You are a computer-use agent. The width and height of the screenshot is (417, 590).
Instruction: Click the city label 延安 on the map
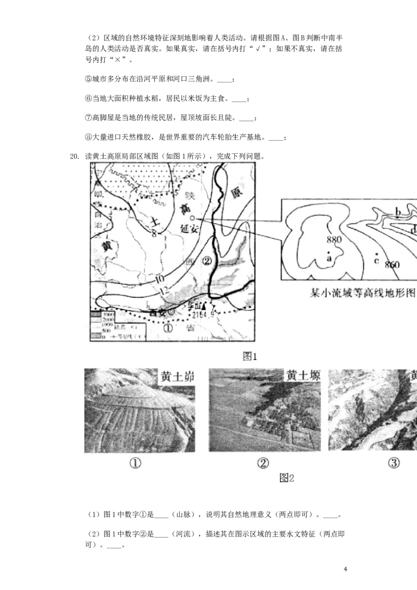[x=189, y=229]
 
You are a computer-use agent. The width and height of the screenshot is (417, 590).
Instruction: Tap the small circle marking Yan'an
[x=192, y=218]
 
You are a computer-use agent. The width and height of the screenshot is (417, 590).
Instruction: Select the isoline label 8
[x=154, y=234]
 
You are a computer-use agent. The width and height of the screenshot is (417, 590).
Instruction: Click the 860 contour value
[x=391, y=265]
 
